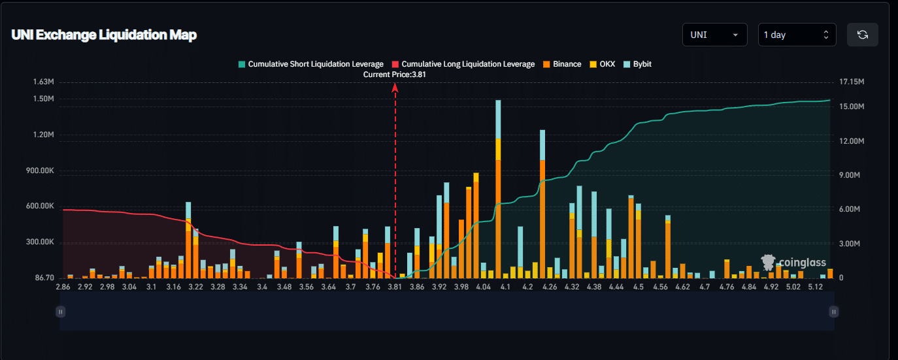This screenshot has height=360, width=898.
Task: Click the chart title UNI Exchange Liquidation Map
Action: [104, 35]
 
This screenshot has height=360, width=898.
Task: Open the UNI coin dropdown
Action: [714, 35]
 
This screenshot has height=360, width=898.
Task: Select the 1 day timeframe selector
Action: [797, 35]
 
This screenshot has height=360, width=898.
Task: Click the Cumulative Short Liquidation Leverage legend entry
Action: [310, 64]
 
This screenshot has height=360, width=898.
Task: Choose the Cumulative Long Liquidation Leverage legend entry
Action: [463, 64]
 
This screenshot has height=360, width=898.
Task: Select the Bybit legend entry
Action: [637, 64]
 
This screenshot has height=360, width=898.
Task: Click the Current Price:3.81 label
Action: [395, 74]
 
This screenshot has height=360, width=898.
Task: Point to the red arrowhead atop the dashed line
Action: [395, 88]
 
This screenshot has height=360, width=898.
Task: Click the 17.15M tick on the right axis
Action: [852, 82]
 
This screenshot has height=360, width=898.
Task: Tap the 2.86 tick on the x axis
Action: [63, 287]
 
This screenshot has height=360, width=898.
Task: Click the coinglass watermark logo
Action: [793, 262]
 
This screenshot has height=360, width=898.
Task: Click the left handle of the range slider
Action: [61, 312]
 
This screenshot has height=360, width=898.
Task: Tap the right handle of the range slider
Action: [833, 312]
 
